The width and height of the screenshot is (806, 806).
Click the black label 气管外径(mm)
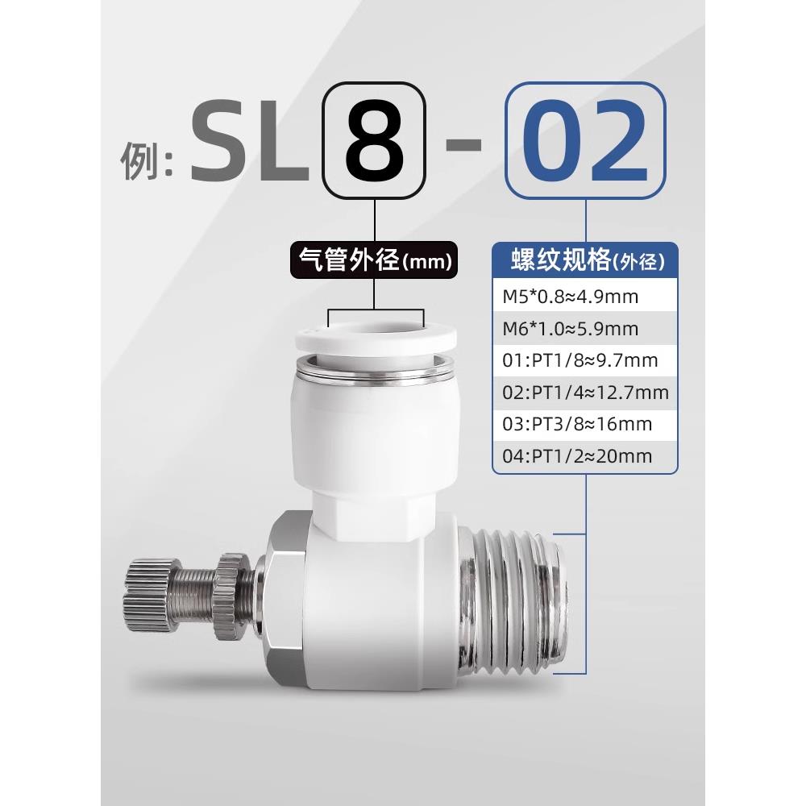click(x=374, y=260)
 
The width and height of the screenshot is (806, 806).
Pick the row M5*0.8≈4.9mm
click(x=570, y=297)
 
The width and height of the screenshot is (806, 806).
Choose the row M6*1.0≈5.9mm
click(x=570, y=329)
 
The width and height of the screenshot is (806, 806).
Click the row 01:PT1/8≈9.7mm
click(x=579, y=360)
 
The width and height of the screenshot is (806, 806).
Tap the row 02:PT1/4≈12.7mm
click(x=585, y=393)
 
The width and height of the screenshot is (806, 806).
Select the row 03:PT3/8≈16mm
click(x=576, y=424)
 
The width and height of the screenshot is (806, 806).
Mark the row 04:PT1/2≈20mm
click(x=576, y=456)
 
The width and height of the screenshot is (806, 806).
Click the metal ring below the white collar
click(x=376, y=371)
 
